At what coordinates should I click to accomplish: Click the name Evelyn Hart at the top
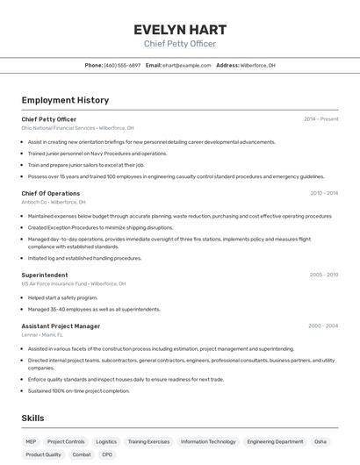(x=180, y=29)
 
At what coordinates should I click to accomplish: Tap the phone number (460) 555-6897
(x=122, y=65)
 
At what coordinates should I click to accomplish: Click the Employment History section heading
(x=65, y=100)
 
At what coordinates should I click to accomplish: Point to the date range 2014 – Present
(x=320, y=119)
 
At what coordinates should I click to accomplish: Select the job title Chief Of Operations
(x=51, y=193)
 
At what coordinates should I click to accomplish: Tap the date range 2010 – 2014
(x=323, y=193)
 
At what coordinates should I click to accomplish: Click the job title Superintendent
(x=45, y=275)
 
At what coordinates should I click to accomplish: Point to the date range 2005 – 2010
(x=323, y=275)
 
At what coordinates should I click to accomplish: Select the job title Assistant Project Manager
(x=61, y=326)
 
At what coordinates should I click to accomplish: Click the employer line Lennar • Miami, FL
(x=43, y=335)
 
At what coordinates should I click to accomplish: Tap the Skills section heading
(x=32, y=418)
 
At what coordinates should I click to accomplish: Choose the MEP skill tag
(x=31, y=442)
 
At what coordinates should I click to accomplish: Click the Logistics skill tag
(x=106, y=442)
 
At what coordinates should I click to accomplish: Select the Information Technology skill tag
(x=208, y=442)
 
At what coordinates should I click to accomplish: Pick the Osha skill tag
(x=320, y=442)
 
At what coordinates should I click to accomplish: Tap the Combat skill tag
(x=82, y=454)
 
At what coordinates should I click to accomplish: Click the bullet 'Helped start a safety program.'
(x=62, y=297)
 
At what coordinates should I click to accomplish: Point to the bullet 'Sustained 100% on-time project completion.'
(x=78, y=391)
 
